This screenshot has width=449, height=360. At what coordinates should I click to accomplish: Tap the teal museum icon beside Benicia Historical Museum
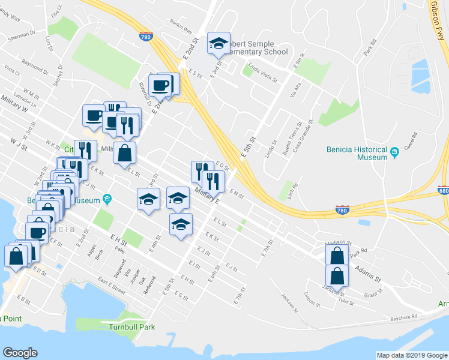(394, 153)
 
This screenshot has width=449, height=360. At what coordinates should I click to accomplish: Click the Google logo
(20, 353)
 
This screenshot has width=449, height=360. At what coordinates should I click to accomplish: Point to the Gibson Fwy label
(439, 16)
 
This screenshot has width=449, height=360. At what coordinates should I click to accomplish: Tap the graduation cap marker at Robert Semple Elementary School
(218, 44)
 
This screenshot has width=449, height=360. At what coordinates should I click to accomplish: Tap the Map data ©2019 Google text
(412, 355)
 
